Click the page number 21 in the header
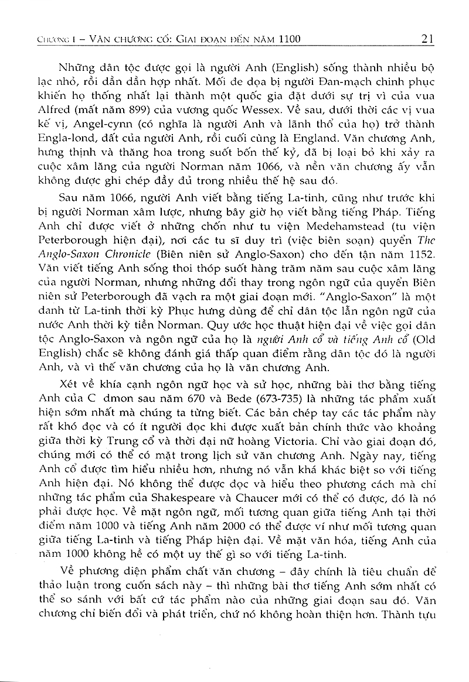pyautogui.click(x=427, y=39)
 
